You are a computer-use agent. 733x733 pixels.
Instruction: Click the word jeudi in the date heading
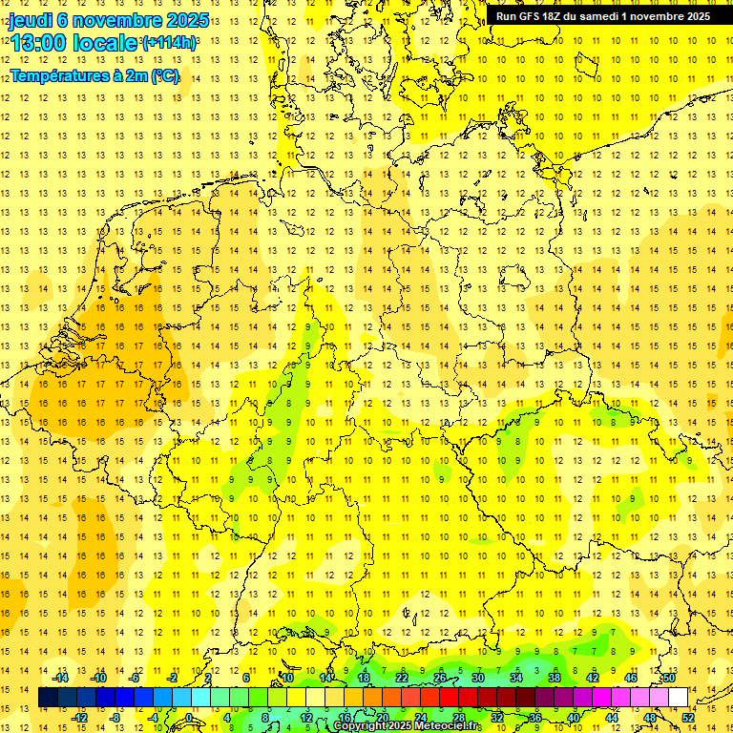pyautogui.click(x=32, y=20)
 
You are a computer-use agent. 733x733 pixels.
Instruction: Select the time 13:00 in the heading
pyautogui.click(x=40, y=43)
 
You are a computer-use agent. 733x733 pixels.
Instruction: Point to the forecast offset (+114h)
pyautogui.click(x=170, y=42)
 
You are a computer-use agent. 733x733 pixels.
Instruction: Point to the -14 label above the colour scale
pyautogui.click(x=63, y=678)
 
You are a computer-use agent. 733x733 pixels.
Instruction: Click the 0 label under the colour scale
pyautogui.click(x=189, y=718)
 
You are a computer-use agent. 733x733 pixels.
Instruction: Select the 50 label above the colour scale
pyautogui.click(x=669, y=678)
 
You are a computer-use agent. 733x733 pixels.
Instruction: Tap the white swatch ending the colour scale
pyautogui.click(x=678, y=698)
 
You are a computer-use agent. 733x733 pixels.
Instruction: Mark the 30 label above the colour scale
pyautogui.click(x=477, y=678)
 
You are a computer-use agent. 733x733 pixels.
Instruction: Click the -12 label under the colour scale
pyautogui.click(x=81, y=718)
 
